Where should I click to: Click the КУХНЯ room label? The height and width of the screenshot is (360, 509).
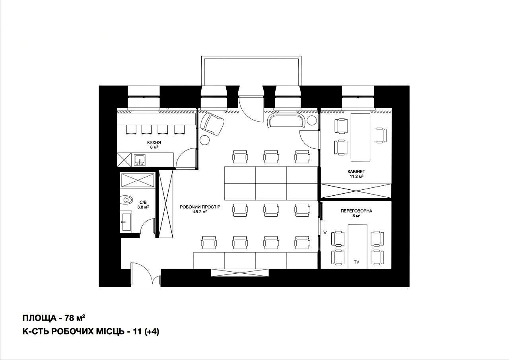(154, 142)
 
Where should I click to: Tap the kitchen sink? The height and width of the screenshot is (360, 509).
(140, 160)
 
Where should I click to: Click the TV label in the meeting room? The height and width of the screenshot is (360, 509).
(357, 262)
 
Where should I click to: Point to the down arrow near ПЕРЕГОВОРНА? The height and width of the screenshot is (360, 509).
(325, 227)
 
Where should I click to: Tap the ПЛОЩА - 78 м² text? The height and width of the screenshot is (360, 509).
(54, 318)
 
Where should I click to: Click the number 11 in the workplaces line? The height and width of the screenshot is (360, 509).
(138, 332)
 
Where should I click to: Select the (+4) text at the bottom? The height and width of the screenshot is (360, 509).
(152, 332)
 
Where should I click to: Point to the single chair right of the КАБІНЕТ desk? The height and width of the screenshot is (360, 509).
(380, 136)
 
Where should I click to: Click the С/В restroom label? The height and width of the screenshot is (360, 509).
(143, 202)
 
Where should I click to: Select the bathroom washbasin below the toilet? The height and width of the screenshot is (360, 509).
(126, 222)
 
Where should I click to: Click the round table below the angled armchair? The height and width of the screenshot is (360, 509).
(205, 140)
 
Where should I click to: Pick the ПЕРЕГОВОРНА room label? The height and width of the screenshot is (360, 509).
(356, 211)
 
